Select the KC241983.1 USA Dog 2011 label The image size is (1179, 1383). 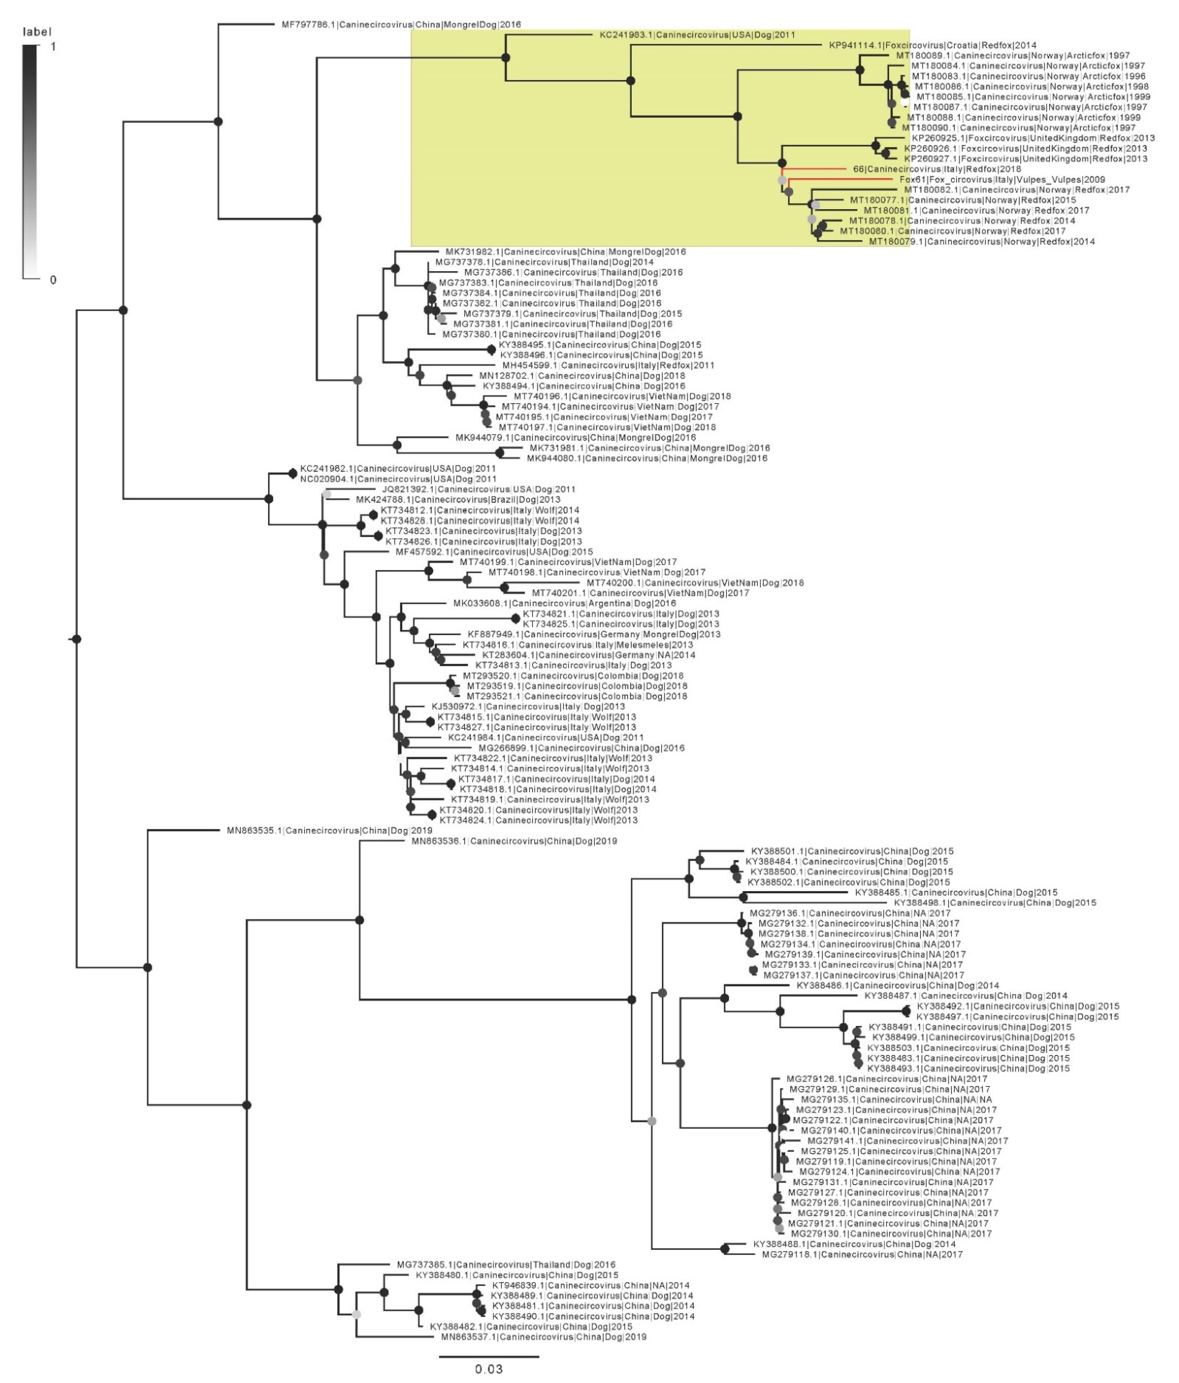pos(697,35)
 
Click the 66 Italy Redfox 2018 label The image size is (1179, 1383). pos(937,169)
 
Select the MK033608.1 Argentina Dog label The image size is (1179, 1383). pos(565,603)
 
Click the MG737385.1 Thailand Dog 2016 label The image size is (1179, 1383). pos(506,1265)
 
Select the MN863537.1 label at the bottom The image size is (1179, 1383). pos(543,1337)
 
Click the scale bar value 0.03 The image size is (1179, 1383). pos(488,1369)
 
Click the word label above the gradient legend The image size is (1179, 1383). pos(37,31)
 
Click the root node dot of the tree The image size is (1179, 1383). pos(77,639)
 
